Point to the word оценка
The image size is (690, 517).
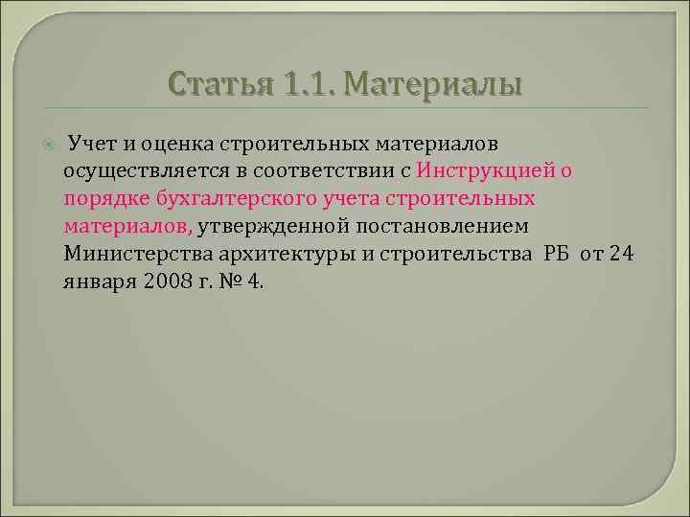coord(179,144)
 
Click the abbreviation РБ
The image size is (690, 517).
coord(558,255)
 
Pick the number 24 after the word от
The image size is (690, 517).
coord(622,255)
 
